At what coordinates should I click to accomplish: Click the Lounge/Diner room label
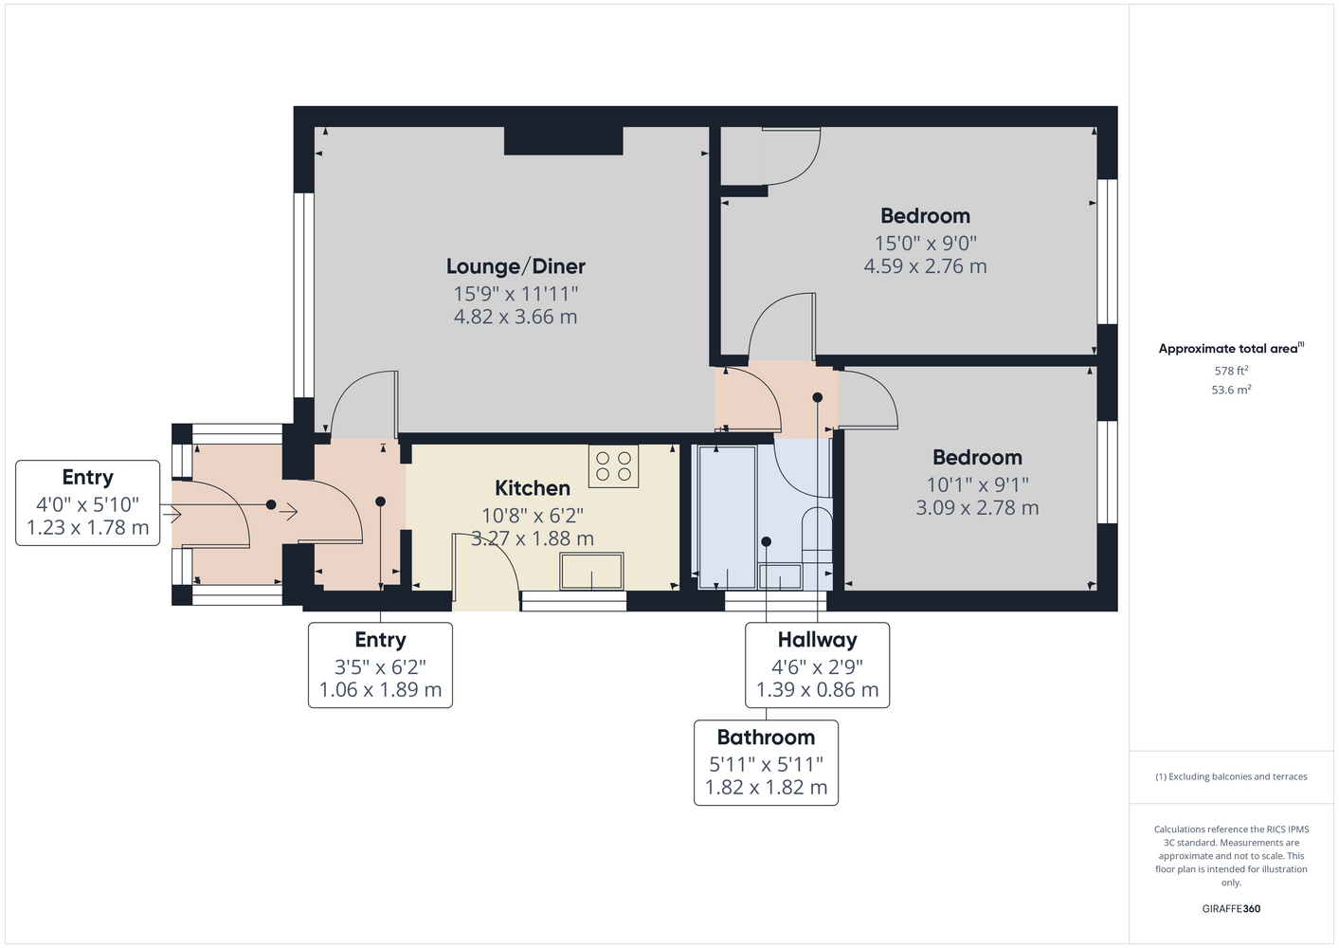(x=516, y=266)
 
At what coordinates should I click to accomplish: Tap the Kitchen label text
(x=532, y=488)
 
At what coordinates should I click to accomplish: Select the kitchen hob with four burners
(x=613, y=465)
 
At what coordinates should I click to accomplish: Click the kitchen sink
(x=591, y=572)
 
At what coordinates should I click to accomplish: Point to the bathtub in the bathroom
(x=727, y=518)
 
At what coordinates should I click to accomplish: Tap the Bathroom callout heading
(x=766, y=738)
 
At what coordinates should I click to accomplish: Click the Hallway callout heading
(x=817, y=640)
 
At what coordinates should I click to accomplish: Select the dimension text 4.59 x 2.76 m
(x=925, y=266)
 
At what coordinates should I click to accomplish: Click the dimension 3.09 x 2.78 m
(x=977, y=508)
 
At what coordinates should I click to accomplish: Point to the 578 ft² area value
(x=1231, y=371)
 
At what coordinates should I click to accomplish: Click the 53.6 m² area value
(x=1231, y=390)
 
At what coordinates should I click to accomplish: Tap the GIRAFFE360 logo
(x=1231, y=908)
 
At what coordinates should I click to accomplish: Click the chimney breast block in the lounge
(x=563, y=140)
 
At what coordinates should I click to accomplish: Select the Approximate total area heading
(x=1231, y=349)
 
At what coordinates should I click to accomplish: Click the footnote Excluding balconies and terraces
(x=1231, y=776)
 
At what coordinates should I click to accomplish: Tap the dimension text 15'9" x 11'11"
(x=516, y=294)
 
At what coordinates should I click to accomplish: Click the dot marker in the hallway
(x=817, y=397)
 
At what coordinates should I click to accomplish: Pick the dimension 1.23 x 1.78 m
(x=88, y=527)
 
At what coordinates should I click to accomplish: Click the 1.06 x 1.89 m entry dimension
(x=380, y=689)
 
